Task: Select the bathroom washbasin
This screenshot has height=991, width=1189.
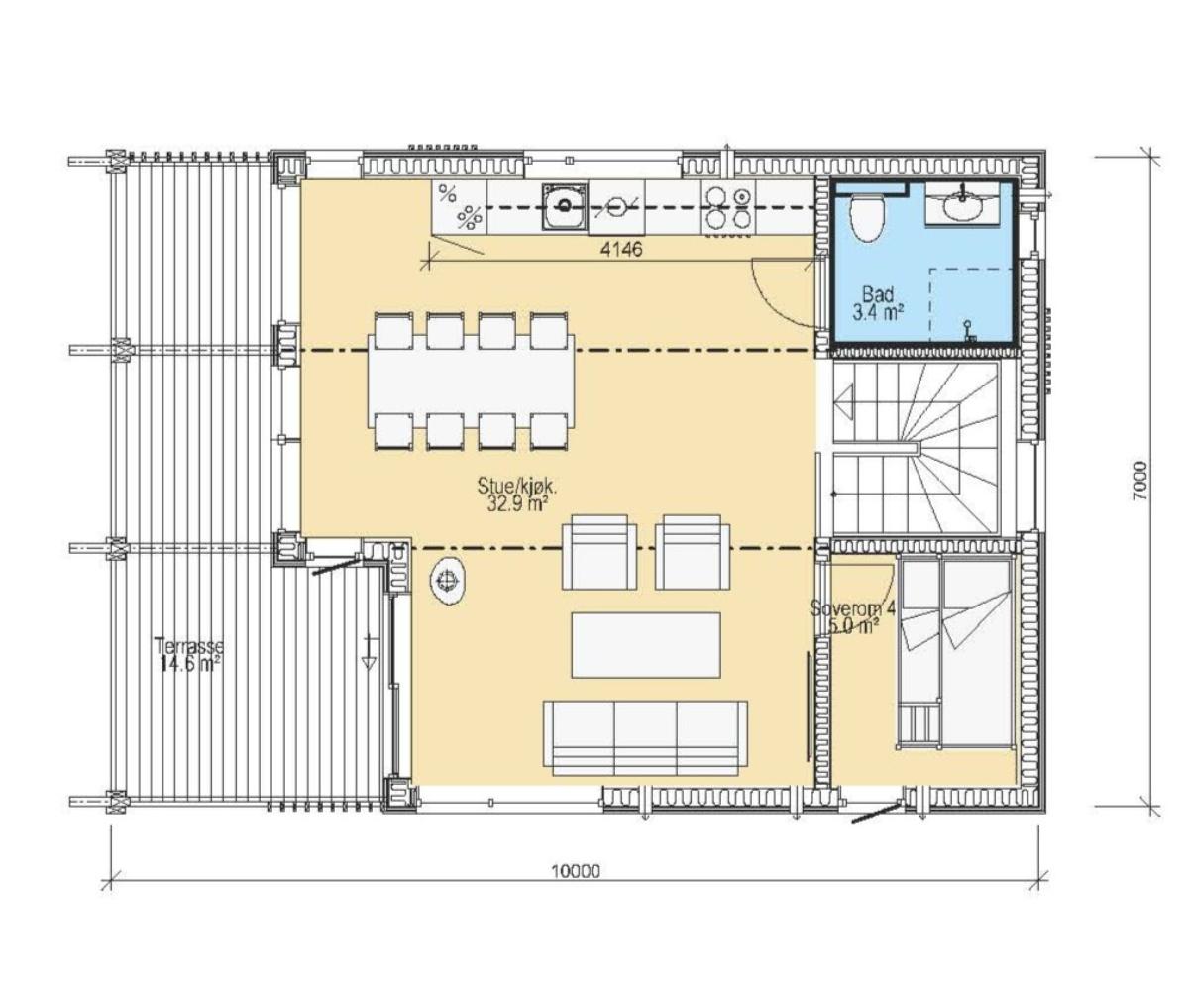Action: [x=963, y=206]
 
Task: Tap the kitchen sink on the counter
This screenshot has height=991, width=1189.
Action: [x=564, y=207]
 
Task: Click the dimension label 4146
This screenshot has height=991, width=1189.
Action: [x=621, y=249]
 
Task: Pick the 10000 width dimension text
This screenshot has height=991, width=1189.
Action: [x=576, y=871]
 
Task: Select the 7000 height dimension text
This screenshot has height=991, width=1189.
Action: [x=1137, y=482]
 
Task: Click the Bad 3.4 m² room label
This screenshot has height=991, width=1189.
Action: [x=878, y=303]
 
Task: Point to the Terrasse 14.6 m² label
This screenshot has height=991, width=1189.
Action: [x=188, y=655]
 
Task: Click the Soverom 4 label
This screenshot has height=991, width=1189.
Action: [x=853, y=608]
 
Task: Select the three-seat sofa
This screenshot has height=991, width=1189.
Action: [x=645, y=737]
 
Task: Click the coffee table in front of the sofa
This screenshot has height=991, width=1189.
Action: [x=646, y=645]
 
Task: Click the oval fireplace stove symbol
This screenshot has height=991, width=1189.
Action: [x=448, y=581]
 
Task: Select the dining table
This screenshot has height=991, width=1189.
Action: [x=471, y=381]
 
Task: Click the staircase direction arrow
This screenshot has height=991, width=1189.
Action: [x=845, y=402]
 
